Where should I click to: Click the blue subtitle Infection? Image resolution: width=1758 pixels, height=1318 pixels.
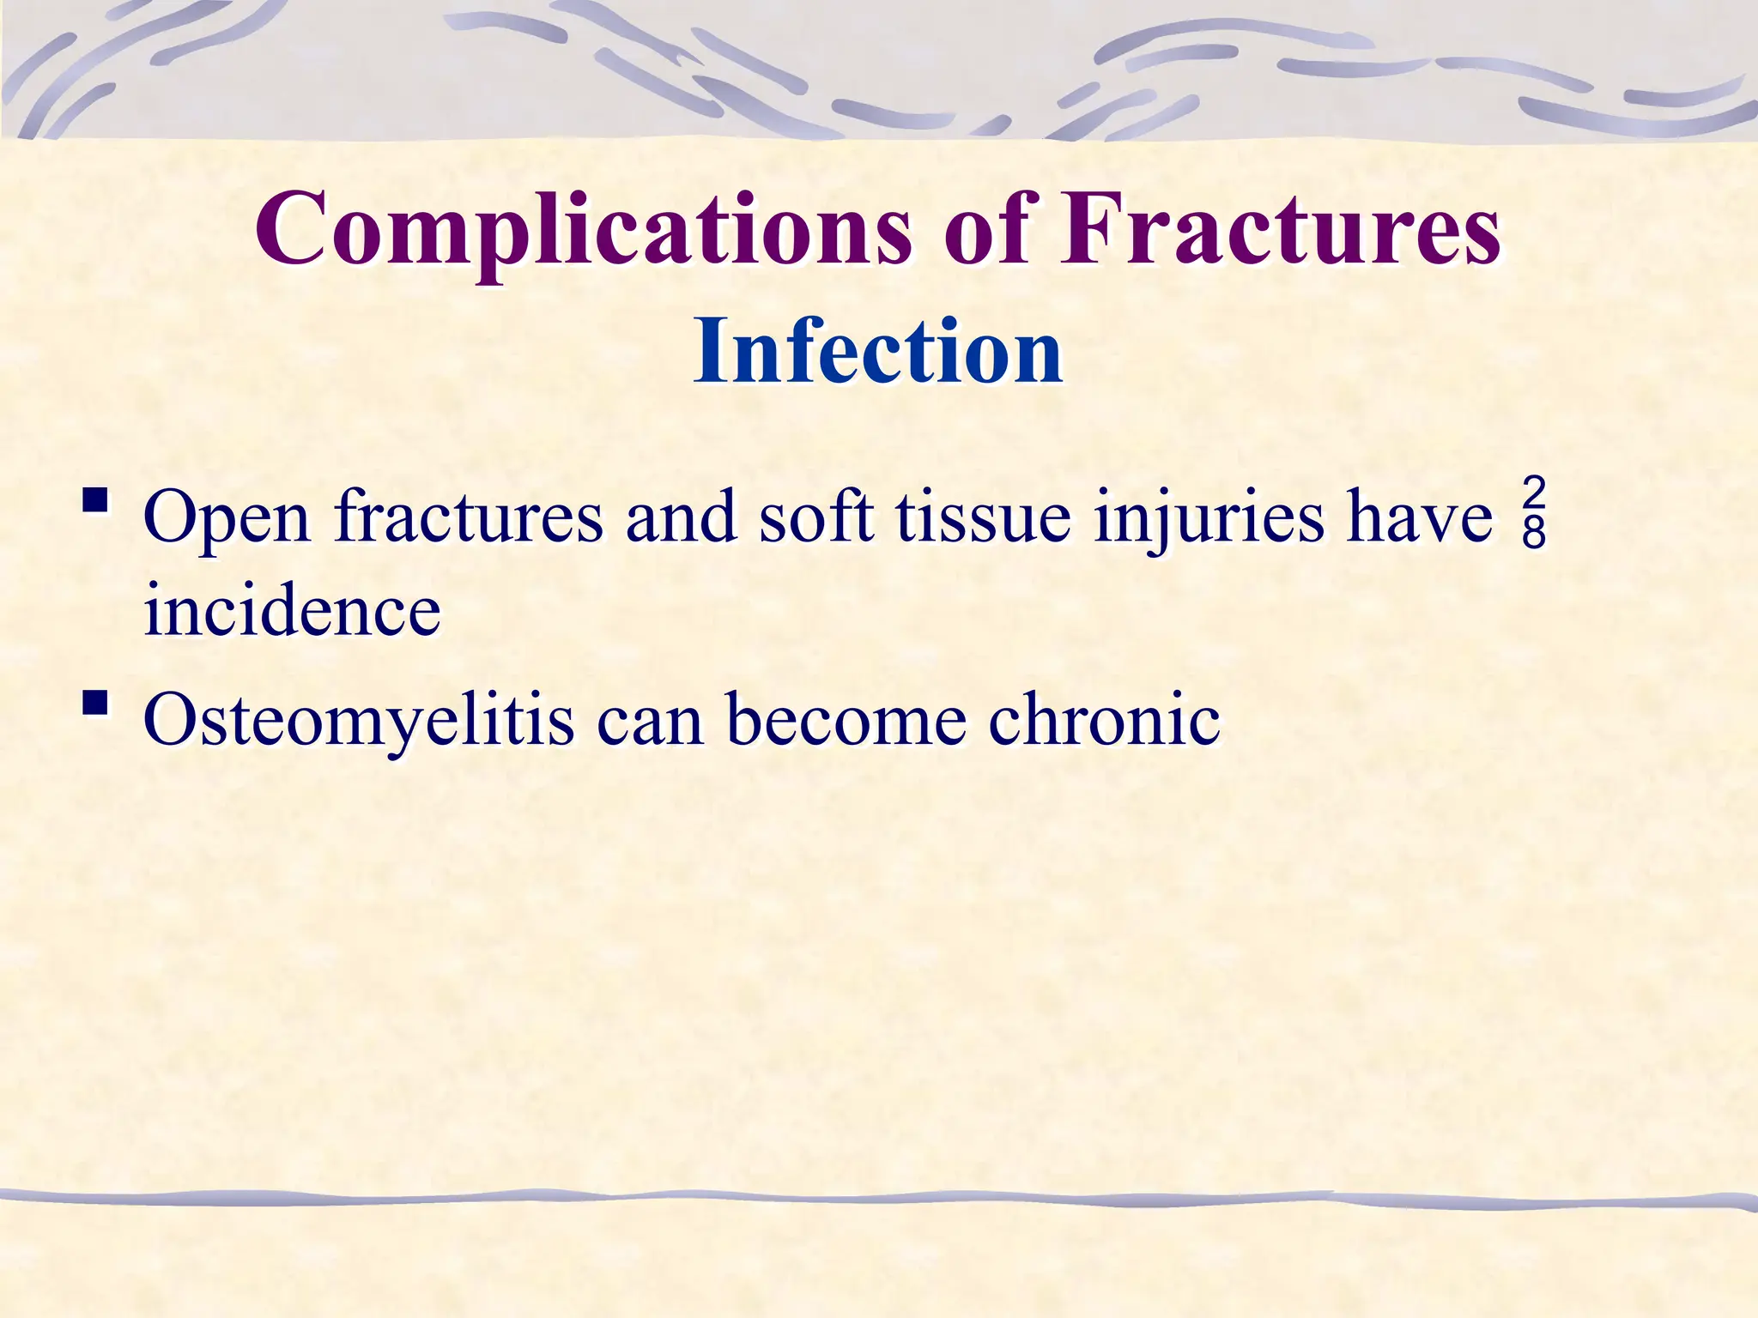878,352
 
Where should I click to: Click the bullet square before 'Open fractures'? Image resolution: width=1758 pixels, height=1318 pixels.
95,500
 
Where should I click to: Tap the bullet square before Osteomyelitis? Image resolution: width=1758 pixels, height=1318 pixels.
95,704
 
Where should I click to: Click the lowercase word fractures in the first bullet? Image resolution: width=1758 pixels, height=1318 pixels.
470,517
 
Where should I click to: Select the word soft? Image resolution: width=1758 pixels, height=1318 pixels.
815,517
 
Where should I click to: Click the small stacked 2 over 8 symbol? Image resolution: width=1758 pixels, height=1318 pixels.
1534,515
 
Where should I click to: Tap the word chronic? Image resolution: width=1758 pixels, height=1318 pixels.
1104,719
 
